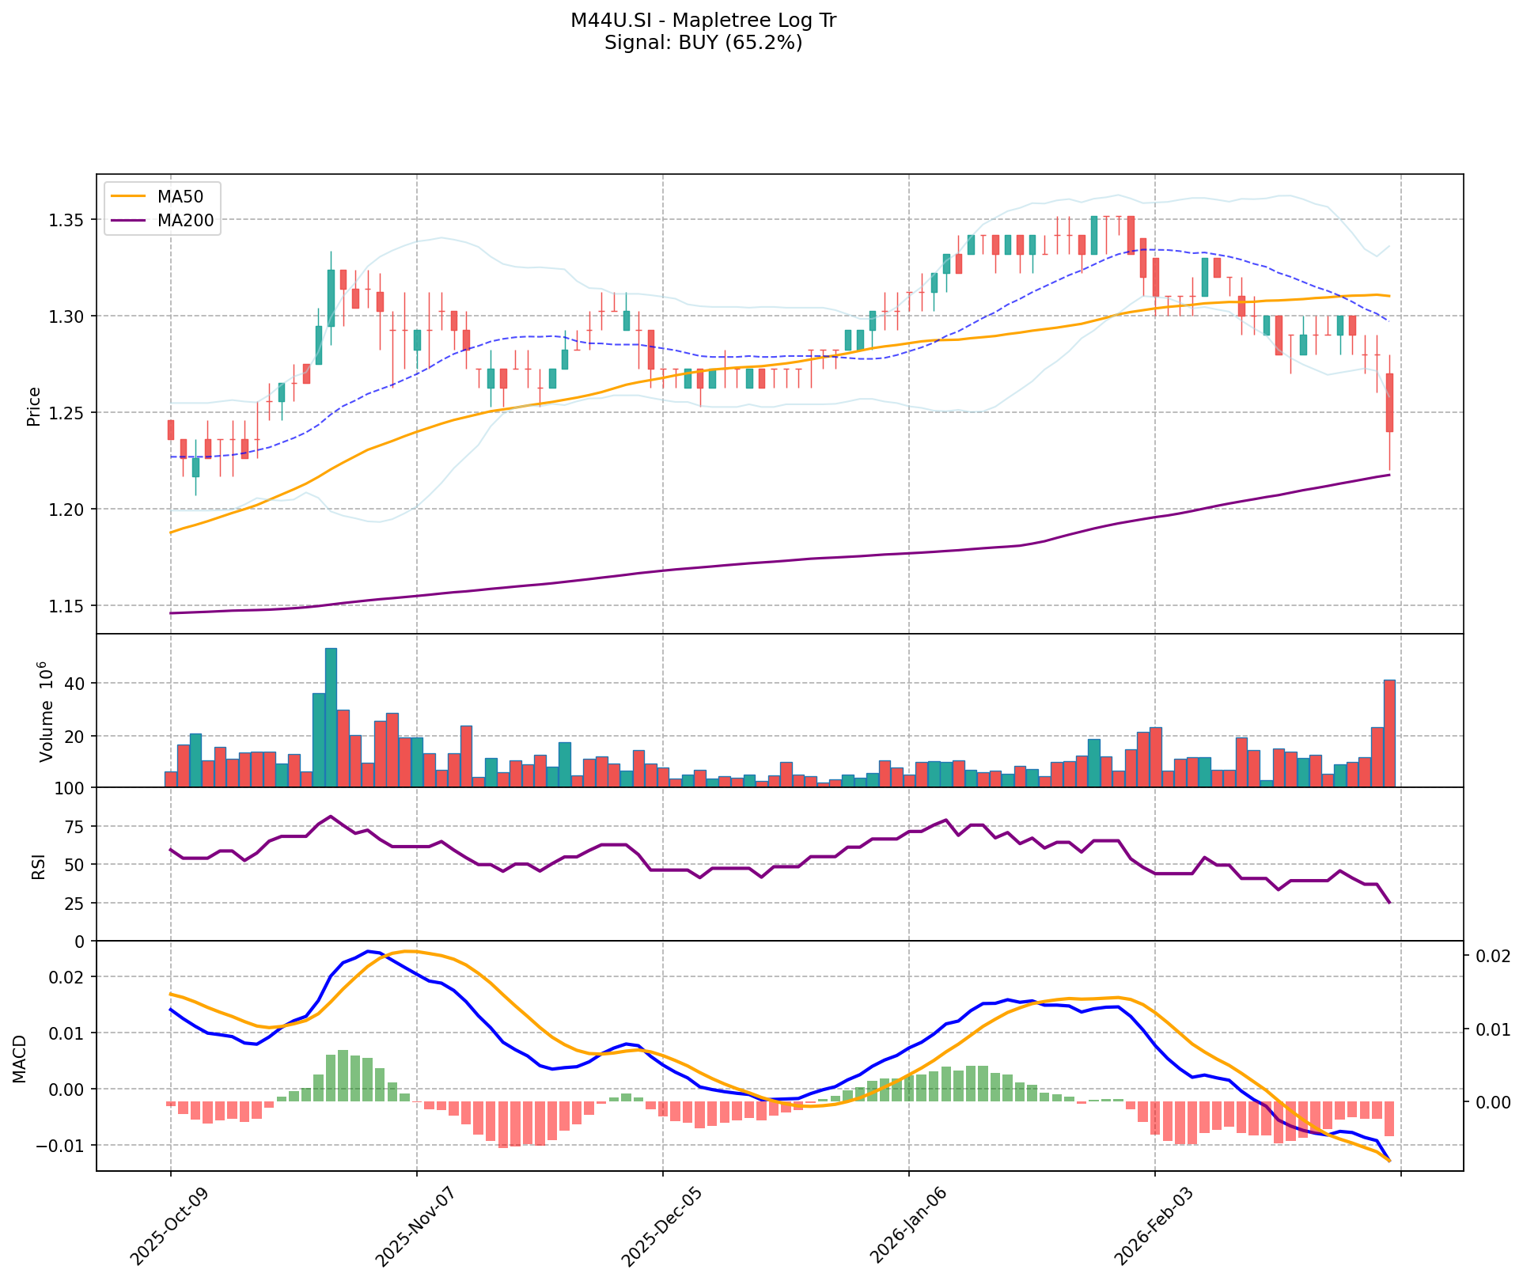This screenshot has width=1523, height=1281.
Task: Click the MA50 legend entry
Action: coord(180,198)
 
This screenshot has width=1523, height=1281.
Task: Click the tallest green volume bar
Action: coord(331,717)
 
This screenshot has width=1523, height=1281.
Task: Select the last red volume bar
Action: coord(1389,733)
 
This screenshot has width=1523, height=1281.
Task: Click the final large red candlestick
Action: coord(1389,402)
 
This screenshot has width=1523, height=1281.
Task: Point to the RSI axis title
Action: coord(38,865)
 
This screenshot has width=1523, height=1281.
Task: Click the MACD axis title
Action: coord(19,1059)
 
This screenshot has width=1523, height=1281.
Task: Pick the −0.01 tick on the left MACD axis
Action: coord(68,1146)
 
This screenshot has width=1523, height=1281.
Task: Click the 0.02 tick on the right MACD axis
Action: coord(1490,957)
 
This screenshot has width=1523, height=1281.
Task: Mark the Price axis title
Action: coord(33,406)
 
